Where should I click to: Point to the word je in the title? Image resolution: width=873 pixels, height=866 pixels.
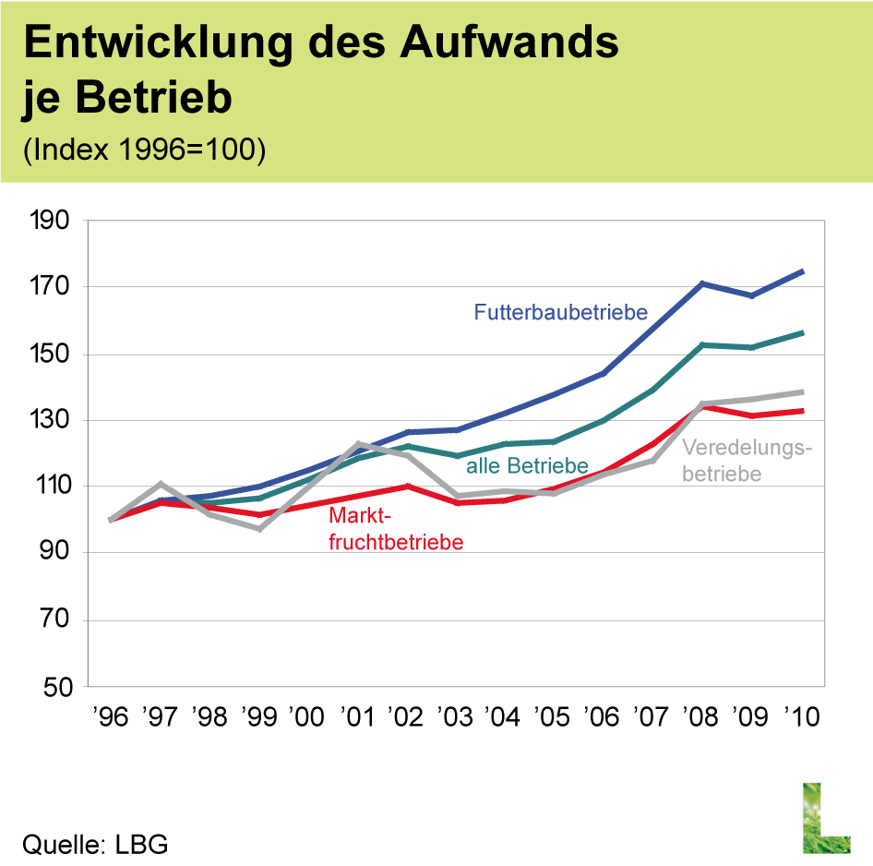41,97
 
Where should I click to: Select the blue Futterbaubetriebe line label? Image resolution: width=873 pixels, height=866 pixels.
560,312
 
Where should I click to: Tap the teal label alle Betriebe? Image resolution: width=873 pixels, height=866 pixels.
526,466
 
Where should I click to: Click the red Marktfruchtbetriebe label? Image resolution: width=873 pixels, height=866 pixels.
395,529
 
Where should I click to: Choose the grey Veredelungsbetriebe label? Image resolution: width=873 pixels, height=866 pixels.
747,461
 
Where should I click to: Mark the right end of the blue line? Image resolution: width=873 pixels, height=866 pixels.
804,271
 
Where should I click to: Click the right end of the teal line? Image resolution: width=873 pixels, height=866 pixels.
804,332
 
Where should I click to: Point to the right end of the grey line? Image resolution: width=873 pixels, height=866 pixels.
804,392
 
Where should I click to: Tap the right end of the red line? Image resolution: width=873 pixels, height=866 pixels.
804,411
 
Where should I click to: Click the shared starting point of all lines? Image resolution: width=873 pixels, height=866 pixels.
111,521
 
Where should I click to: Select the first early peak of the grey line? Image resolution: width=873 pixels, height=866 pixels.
161,484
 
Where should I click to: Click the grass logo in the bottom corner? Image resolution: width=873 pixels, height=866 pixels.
825,817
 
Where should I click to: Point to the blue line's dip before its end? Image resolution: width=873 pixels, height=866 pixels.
752,296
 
